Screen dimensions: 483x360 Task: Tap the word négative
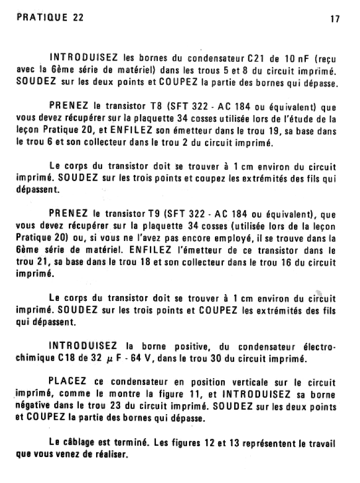[32, 405]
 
